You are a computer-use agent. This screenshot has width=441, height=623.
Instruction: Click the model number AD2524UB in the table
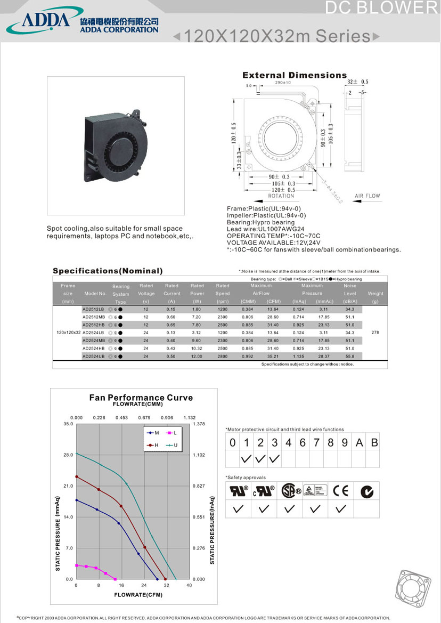click(x=93, y=355)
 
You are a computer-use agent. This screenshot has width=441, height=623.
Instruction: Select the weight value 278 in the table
click(x=375, y=332)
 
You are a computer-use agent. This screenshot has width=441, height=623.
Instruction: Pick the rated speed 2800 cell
click(x=223, y=355)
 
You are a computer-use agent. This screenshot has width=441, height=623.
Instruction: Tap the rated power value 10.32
click(x=197, y=347)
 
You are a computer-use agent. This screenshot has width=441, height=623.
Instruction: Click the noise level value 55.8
click(x=350, y=355)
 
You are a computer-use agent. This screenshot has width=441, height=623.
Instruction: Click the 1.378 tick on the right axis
click(x=198, y=424)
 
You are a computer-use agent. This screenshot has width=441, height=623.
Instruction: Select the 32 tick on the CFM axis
click(x=167, y=585)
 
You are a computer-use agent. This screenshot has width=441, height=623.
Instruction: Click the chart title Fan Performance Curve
click(x=141, y=398)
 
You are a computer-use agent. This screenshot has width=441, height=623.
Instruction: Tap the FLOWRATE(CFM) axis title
click(x=138, y=594)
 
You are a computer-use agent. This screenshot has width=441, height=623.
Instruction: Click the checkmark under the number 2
click(x=260, y=458)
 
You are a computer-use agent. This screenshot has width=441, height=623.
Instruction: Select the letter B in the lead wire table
click(x=374, y=442)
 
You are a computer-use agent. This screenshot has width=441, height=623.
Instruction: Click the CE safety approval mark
click(x=340, y=491)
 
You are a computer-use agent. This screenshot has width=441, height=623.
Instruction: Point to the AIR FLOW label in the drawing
click(x=367, y=196)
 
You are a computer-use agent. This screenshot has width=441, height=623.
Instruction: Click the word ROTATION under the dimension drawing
click(x=281, y=196)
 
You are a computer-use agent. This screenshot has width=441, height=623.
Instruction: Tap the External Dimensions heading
click(x=295, y=75)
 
